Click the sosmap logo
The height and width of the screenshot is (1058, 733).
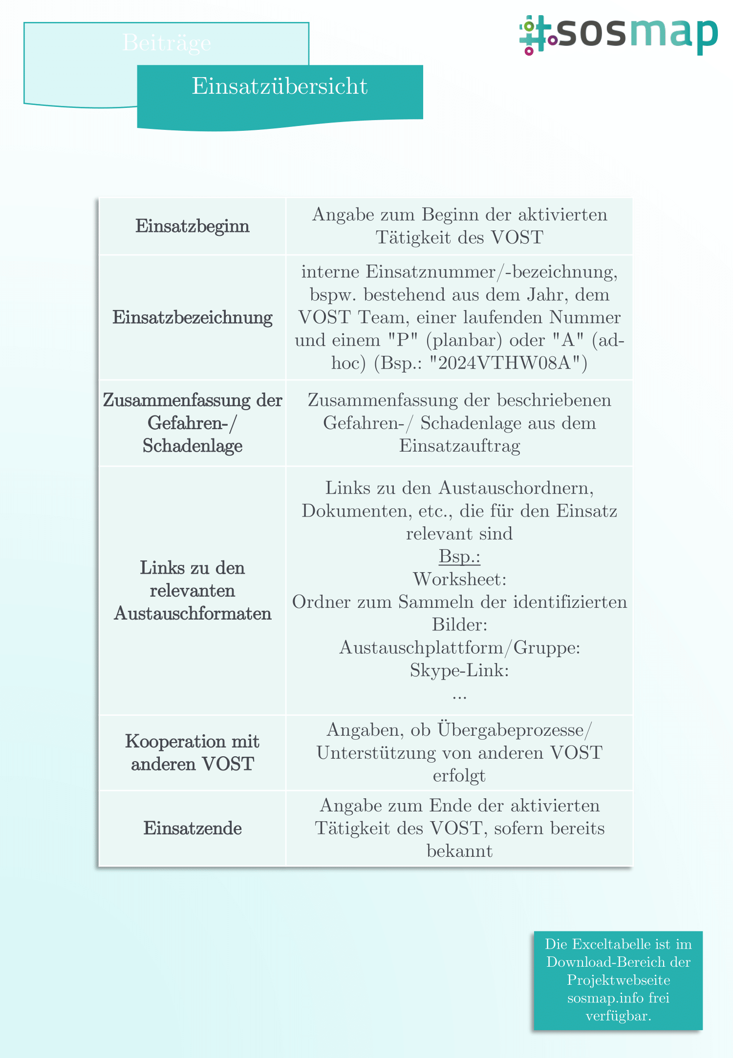point(618,35)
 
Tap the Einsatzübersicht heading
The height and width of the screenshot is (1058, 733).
point(280,86)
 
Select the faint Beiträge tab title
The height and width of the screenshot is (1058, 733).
point(167,43)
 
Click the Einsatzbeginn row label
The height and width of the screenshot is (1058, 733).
point(193,226)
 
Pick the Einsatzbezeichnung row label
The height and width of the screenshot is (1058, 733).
point(193,317)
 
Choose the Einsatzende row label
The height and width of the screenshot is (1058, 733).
point(193,829)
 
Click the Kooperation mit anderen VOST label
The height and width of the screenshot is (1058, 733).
point(193,753)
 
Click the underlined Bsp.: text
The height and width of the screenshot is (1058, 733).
point(459,557)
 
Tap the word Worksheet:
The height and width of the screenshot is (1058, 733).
point(459,580)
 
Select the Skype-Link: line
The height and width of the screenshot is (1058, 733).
point(459,671)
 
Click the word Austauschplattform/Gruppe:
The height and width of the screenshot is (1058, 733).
point(459,648)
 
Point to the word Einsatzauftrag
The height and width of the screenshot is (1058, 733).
point(459,446)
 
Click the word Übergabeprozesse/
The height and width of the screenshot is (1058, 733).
point(515,730)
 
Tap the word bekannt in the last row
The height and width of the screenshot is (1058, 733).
point(459,851)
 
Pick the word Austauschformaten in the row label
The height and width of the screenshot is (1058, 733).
point(193,614)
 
